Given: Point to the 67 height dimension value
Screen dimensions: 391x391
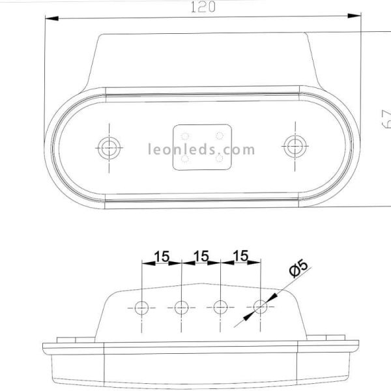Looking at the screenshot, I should (x=385, y=120).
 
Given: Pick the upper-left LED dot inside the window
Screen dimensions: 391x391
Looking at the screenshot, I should (x=185, y=136).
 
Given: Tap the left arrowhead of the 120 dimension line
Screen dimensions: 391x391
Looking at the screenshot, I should (x=47, y=18).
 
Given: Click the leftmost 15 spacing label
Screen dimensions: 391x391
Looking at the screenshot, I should (x=162, y=256).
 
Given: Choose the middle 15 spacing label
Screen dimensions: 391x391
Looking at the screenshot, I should (x=201, y=256).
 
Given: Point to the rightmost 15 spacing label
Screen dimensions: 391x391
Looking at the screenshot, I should (x=240, y=256).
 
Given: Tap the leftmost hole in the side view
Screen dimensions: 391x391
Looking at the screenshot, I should (x=142, y=306).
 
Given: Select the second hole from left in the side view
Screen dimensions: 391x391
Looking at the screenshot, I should (x=181, y=306).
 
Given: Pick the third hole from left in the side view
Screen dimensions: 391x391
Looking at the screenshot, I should (x=221, y=306).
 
